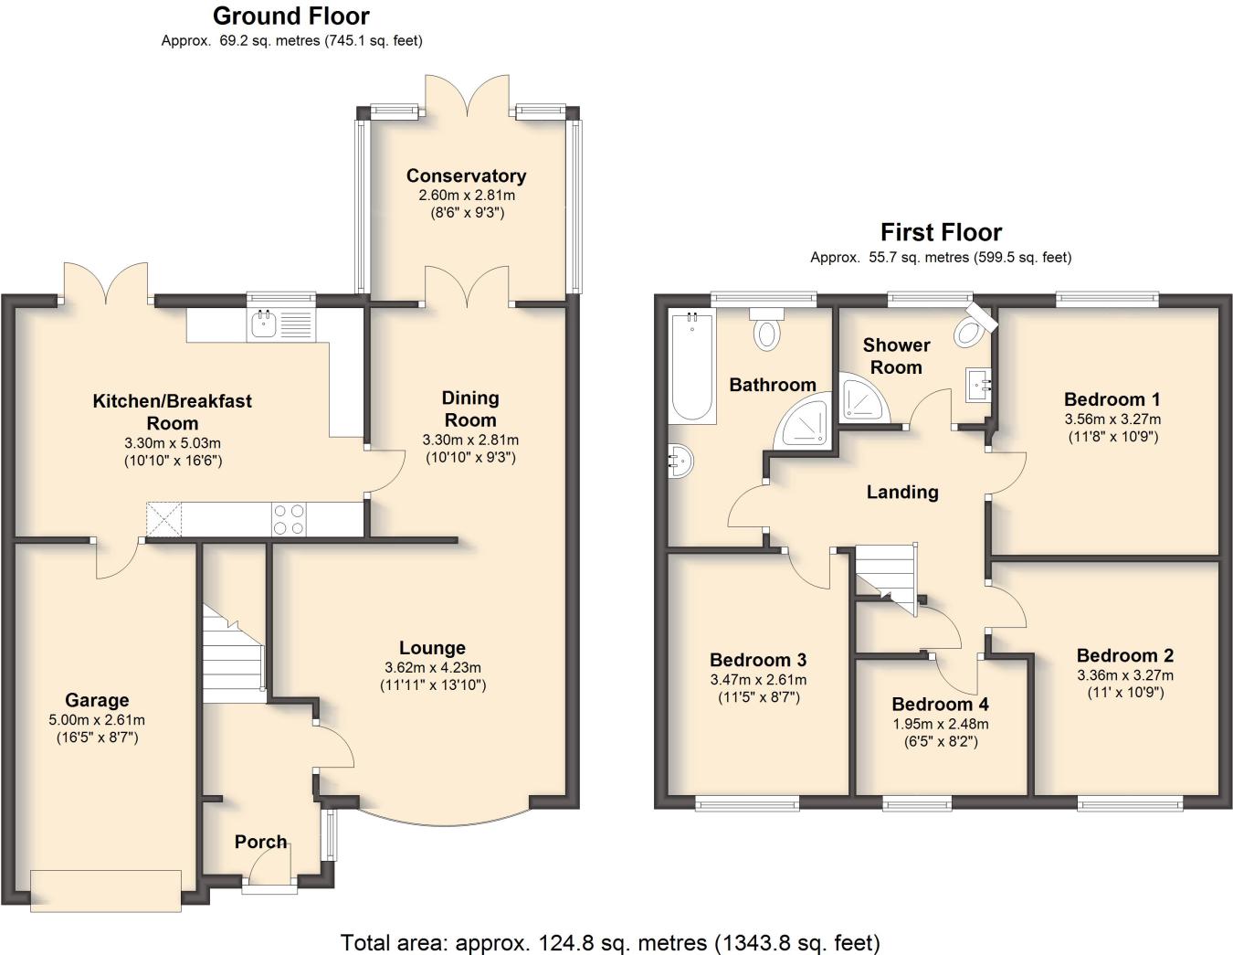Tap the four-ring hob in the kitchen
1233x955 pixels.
(290, 519)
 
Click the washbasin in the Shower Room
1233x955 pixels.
(978, 386)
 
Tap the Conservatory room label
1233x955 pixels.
(466, 175)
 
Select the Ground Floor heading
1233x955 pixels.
(291, 16)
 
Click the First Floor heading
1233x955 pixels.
(941, 232)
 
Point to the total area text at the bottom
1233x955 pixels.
(610, 941)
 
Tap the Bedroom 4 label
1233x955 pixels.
(940, 704)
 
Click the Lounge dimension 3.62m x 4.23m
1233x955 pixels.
(432, 667)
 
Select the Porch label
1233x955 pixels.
(260, 842)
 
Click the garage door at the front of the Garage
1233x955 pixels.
(106, 891)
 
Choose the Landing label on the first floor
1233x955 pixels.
(901, 492)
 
